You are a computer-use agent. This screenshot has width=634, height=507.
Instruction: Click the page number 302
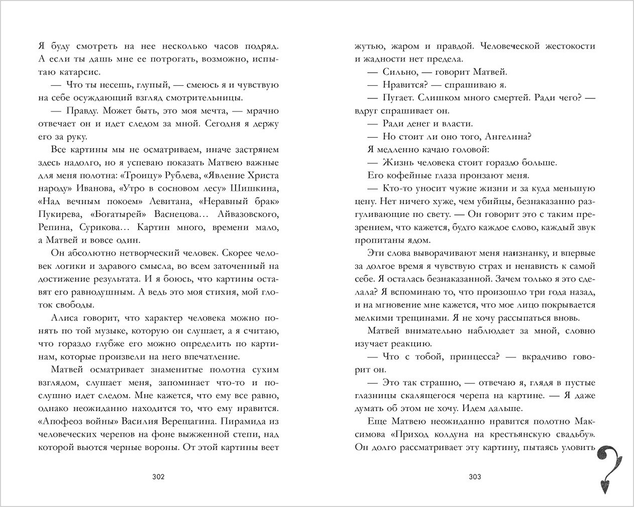158,476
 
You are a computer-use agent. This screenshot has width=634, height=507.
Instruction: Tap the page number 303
475,476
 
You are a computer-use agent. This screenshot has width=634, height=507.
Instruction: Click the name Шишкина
257,188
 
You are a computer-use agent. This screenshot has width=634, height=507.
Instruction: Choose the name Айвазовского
246,214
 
